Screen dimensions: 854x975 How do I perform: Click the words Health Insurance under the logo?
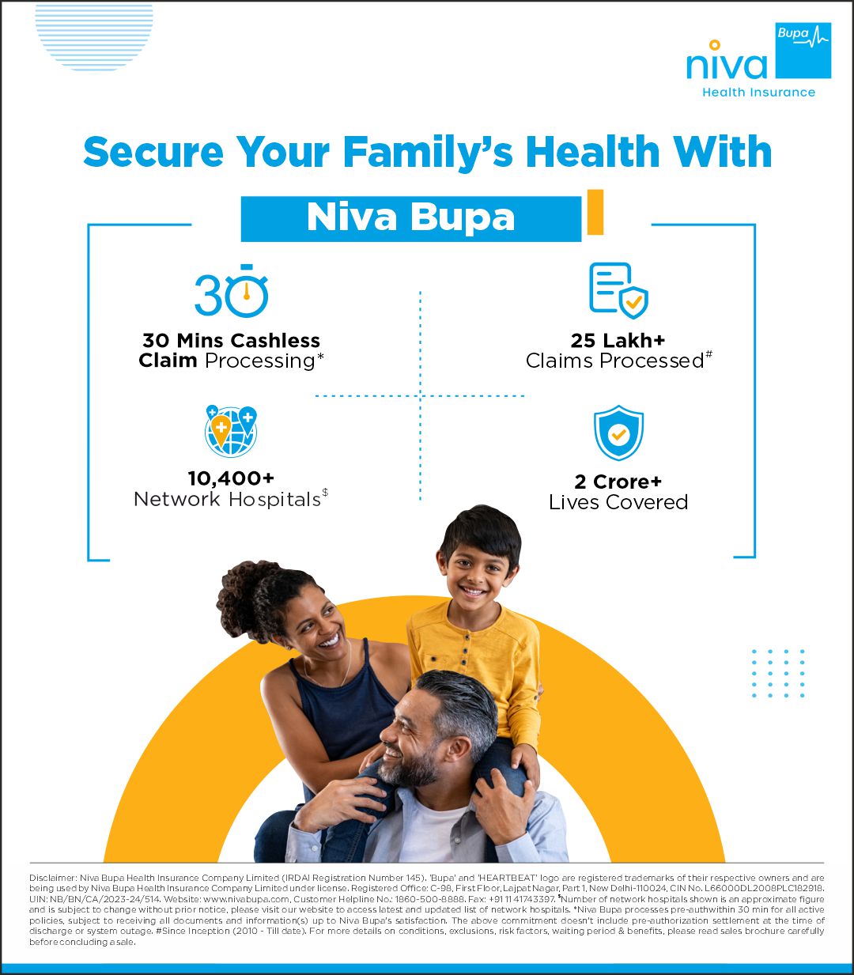(758, 93)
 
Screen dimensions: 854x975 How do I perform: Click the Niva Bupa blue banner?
(410, 217)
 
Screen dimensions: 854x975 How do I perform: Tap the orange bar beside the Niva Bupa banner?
(595, 212)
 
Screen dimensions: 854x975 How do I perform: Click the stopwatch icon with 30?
(232, 293)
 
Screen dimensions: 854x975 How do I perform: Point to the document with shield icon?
(618, 290)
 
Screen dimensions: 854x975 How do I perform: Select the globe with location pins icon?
(230, 431)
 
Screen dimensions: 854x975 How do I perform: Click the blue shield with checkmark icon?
(618, 433)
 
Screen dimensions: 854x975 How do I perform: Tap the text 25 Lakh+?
(618, 341)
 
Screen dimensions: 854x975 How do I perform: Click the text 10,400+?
(231, 478)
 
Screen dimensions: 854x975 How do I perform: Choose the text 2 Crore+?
(618, 482)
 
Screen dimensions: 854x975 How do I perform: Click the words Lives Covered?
(618, 502)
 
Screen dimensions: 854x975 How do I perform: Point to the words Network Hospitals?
(227, 500)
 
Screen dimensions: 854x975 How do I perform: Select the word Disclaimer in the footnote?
(52, 878)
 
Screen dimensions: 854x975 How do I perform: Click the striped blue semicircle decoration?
(94, 36)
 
